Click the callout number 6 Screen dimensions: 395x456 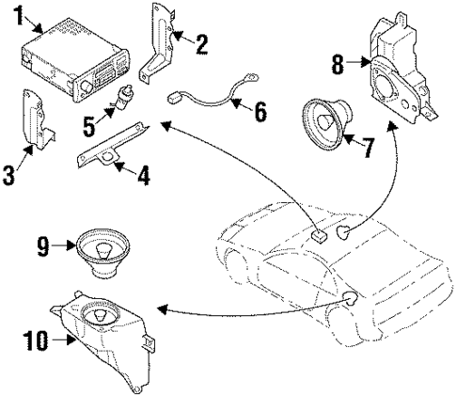260,112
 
